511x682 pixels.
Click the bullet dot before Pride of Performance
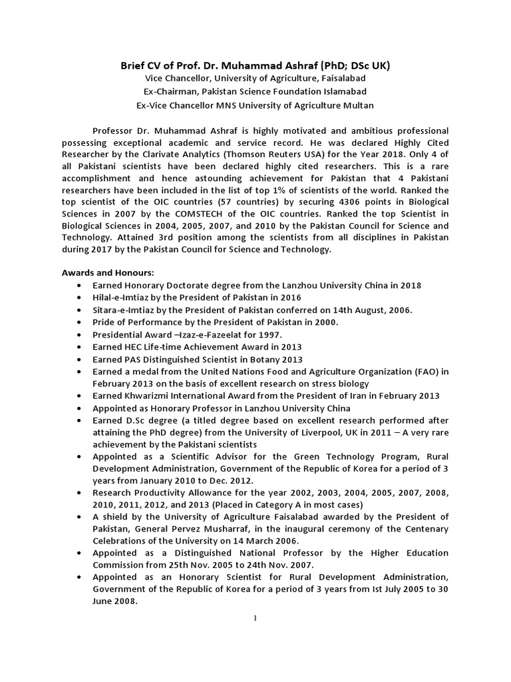coord(80,322)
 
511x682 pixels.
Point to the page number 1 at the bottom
coord(255,617)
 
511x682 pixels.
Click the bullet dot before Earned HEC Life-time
coord(80,347)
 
